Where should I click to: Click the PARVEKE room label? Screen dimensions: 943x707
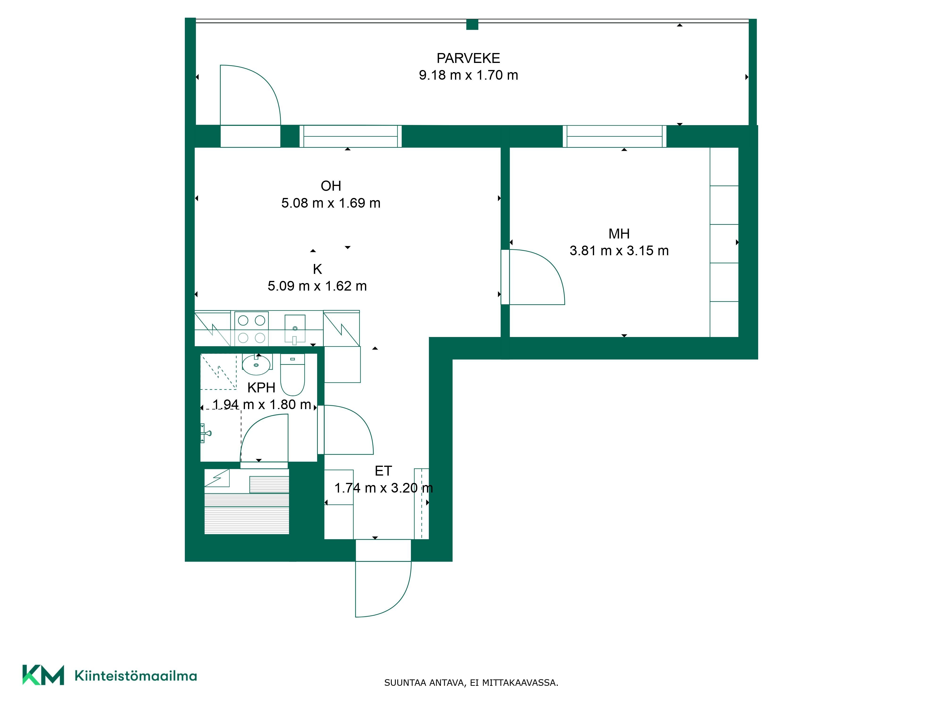[468, 58]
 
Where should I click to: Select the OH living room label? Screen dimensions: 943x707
[331, 186]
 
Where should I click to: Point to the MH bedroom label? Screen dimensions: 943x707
[619, 234]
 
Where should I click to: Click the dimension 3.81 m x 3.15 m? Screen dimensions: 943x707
[619, 251]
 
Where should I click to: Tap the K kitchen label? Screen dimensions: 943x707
[317, 269]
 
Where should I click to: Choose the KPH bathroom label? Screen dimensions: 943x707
[261, 387]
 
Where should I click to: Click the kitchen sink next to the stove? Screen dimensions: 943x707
[295, 329]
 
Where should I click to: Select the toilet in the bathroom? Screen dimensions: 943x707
[293, 375]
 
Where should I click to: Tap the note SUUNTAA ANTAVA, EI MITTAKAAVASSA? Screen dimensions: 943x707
[471, 683]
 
